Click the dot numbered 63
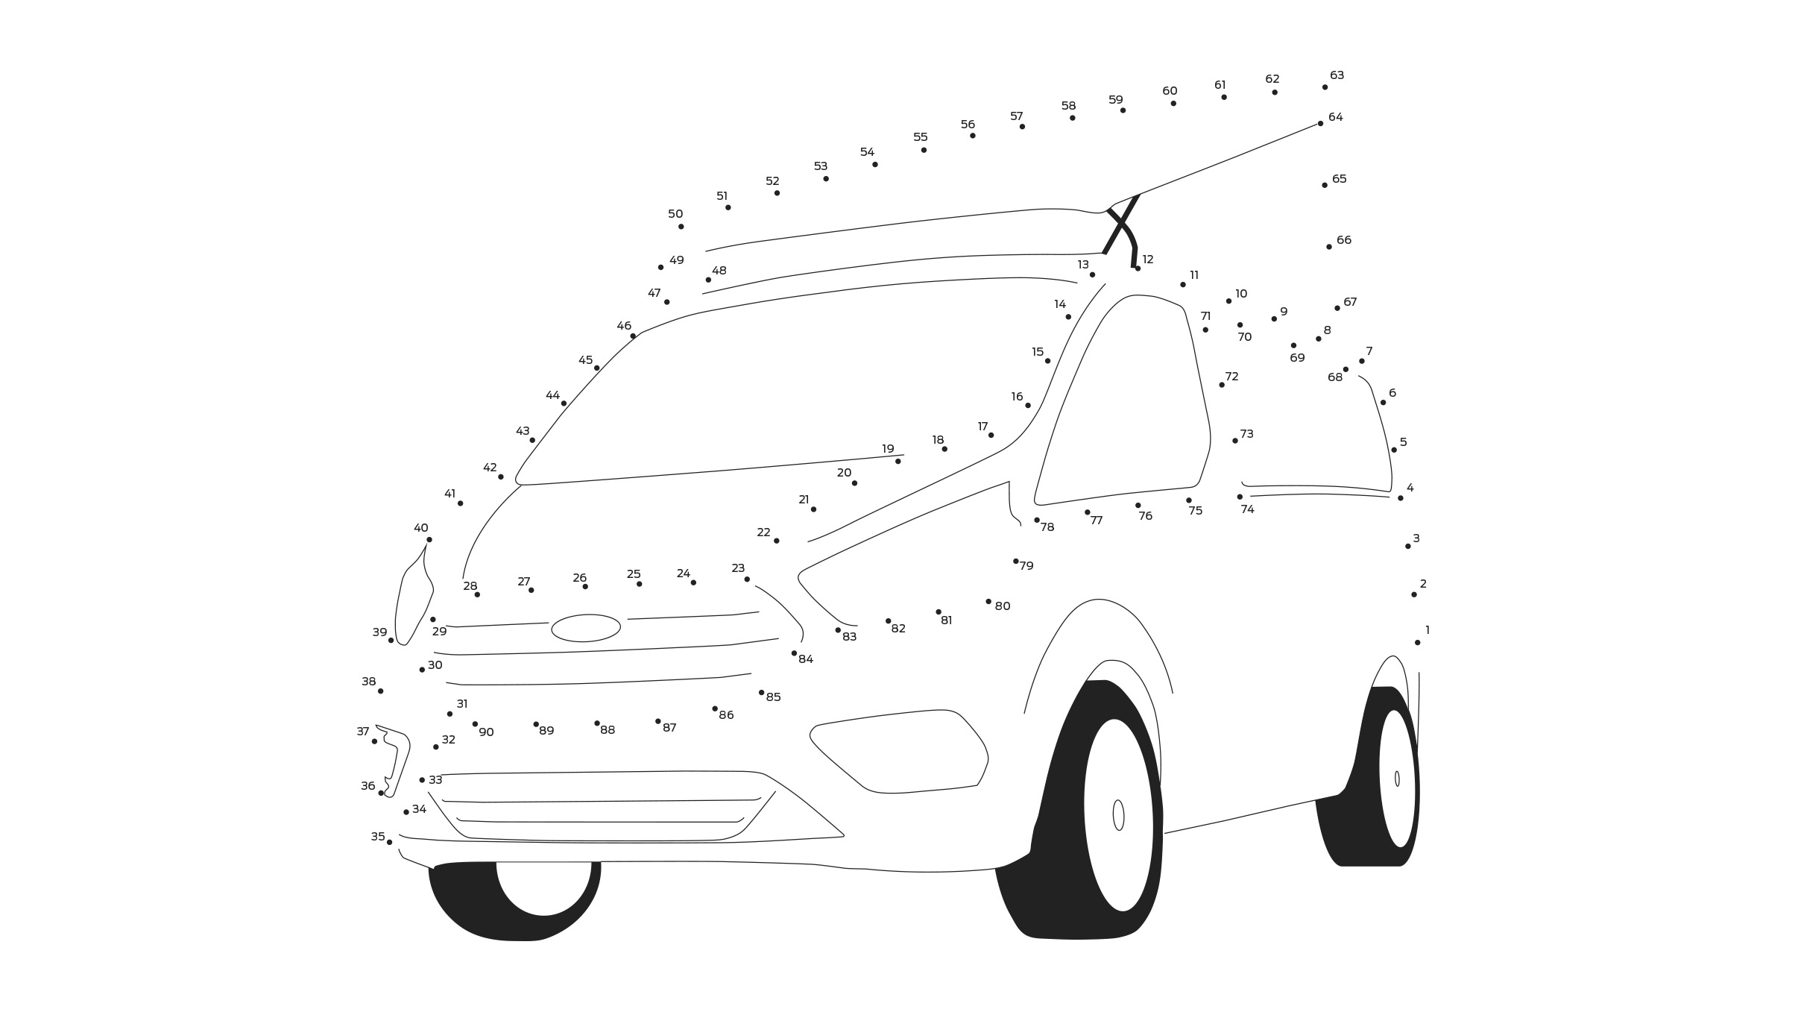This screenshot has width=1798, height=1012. click(x=1325, y=87)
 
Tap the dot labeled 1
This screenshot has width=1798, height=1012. click(x=1417, y=642)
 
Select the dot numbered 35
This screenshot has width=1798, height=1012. click(x=389, y=842)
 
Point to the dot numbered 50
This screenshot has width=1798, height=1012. click(x=681, y=227)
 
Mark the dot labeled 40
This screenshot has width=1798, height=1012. click(x=429, y=539)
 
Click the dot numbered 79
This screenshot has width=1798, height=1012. click(x=1015, y=561)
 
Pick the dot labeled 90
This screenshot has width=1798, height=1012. click(x=475, y=724)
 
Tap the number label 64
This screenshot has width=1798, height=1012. click(x=1335, y=117)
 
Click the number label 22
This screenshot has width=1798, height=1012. click(x=763, y=532)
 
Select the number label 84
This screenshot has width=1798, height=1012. click(x=806, y=659)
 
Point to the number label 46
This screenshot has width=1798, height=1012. click(x=624, y=326)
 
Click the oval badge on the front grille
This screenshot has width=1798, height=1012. click(x=586, y=628)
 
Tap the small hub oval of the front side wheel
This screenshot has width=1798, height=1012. click(x=1118, y=815)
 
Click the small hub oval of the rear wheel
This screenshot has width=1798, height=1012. click(x=1397, y=779)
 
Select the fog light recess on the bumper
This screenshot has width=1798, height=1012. click(x=899, y=751)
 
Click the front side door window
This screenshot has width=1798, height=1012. click(x=1123, y=400)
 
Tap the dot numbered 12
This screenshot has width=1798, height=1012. click(x=1138, y=268)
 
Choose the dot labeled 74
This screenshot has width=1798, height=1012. click(x=1240, y=497)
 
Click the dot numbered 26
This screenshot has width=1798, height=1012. click(x=585, y=587)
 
